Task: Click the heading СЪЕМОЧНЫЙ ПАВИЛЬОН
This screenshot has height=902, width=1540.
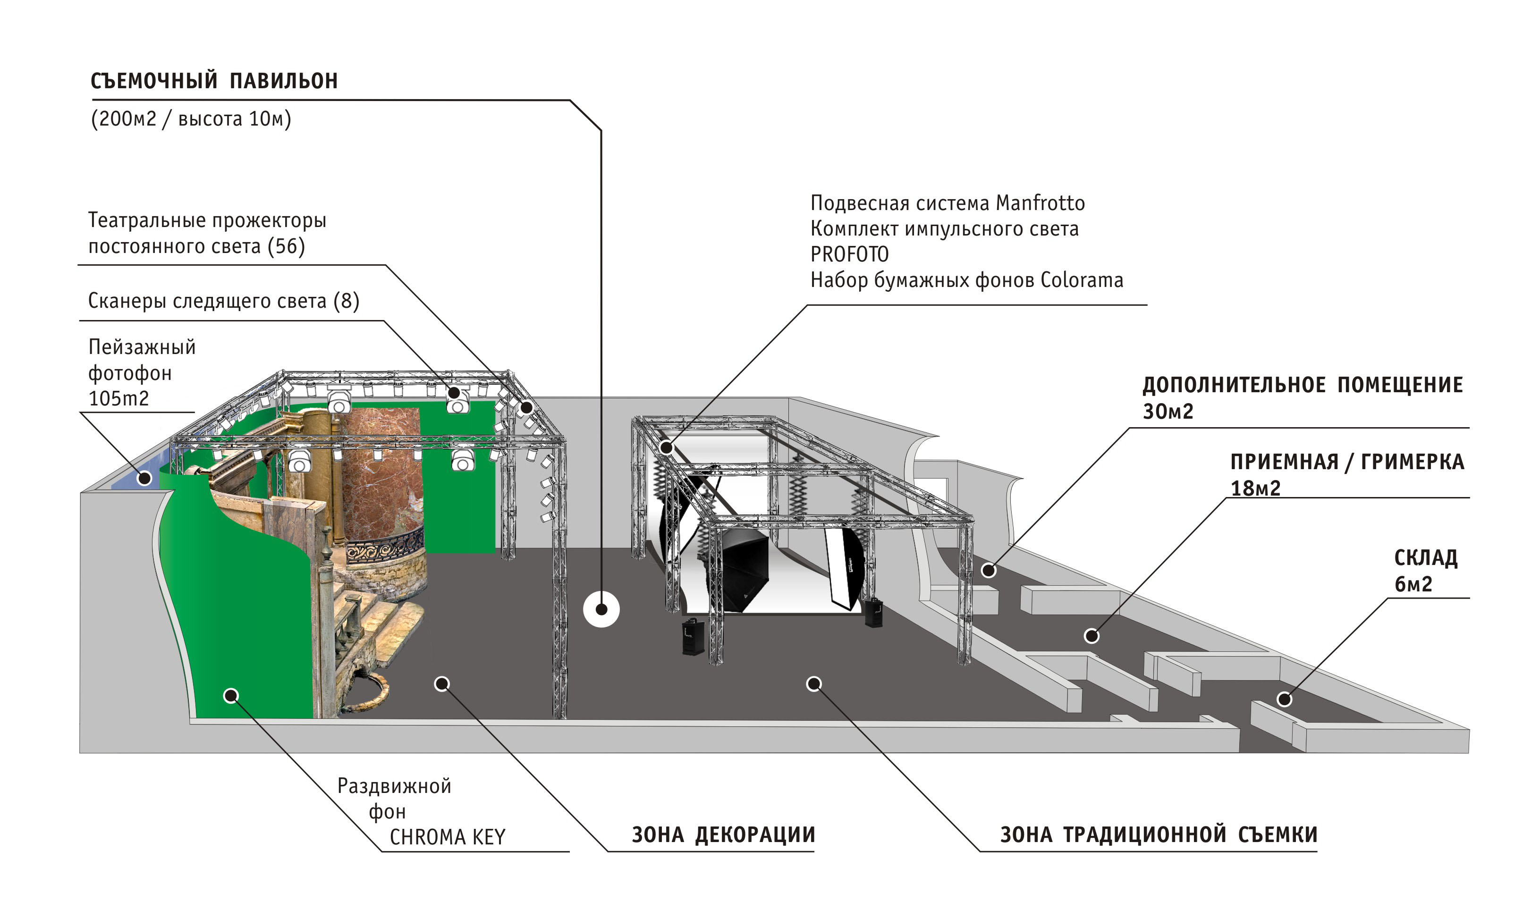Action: (214, 81)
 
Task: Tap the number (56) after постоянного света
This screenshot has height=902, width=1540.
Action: (286, 246)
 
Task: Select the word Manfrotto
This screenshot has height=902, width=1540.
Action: (1040, 203)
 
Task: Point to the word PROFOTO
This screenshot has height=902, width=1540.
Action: (849, 254)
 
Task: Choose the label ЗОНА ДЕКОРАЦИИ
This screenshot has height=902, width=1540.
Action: (723, 835)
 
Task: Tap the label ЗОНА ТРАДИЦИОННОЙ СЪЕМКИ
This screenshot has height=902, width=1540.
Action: (1158, 835)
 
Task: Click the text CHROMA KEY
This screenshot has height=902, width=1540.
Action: (448, 837)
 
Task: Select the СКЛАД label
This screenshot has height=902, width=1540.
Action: (1425, 558)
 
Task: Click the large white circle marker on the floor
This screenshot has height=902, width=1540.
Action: (601, 609)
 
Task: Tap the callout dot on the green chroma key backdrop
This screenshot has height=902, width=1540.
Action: (231, 695)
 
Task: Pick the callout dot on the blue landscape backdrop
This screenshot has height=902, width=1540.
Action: (144, 478)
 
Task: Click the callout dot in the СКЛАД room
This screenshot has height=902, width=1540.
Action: (1284, 699)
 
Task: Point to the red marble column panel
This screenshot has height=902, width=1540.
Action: (382, 471)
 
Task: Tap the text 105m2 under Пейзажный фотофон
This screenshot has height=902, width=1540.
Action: (118, 399)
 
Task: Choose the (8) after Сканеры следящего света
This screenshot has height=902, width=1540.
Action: (347, 301)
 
